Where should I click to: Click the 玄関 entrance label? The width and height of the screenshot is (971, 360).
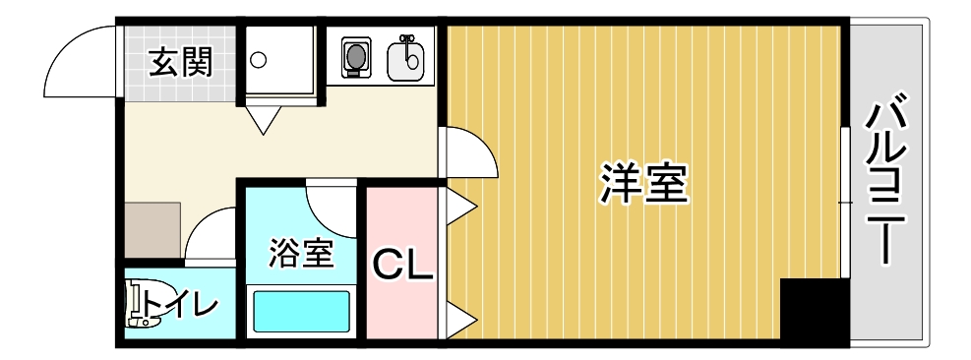point(181,62)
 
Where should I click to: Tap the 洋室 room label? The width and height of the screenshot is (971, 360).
point(644,183)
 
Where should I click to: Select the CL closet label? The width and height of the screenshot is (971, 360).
point(401,266)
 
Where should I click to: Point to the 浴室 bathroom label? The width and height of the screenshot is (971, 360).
point(302,253)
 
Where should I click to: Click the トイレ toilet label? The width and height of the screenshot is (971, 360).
point(181,306)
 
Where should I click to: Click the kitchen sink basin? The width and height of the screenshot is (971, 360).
point(405,59)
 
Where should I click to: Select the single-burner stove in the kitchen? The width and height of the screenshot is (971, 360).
point(356,57)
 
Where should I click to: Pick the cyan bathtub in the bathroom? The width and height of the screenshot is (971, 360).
point(302,312)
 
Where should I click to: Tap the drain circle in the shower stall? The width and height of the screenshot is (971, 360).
point(258,60)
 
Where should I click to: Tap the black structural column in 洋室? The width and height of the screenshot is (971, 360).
point(811,309)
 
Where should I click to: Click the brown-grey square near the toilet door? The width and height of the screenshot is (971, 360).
point(152,229)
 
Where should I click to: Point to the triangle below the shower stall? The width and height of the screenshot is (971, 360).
point(264,119)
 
